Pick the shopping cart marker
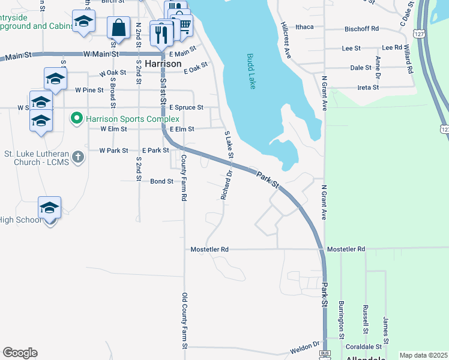pyautogui.click(x=183, y=25)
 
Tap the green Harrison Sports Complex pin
pyautogui.click(x=76, y=118)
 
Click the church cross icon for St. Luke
pyautogui.click(x=77, y=157)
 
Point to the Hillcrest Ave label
pyautogui.click(x=286, y=40)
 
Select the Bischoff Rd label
pyautogui.click(x=361, y=28)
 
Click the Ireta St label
pyautogui.click(x=368, y=87)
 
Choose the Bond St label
pyautogui.click(x=161, y=181)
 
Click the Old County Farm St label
pyautogui.click(x=185, y=320)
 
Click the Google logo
pyautogui.click(x=20, y=353)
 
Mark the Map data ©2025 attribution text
pyautogui.click(x=423, y=355)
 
